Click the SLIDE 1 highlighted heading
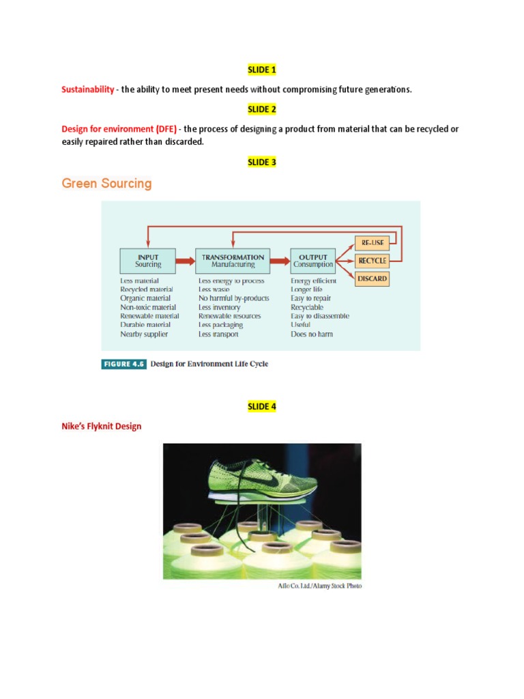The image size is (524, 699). pyautogui.click(x=261, y=70)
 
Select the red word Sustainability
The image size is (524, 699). pyautogui.click(x=88, y=89)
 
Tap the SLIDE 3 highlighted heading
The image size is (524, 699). pyautogui.click(x=261, y=162)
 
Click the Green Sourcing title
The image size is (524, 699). pyautogui.click(x=106, y=184)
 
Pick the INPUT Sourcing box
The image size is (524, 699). pyautogui.click(x=148, y=260)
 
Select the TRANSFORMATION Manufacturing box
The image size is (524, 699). pyautogui.click(x=233, y=260)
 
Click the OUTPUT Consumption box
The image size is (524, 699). pyautogui.click(x=313, y=260)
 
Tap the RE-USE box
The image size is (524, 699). pyautogui.click(x=372, y=242)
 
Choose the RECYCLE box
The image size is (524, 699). pyautogui.click(x=372, y=260)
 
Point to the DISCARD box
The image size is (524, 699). pyautogui.click(x=372, y=279)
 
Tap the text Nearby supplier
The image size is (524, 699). pyautogui.click(x=144, y=334)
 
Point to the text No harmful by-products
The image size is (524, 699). pyautogui.click(x=233, y=298)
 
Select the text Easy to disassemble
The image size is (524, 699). pyautogui.click(x=319, y=316)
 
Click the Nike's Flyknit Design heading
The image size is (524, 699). pyautogui.click(x=102, y=427)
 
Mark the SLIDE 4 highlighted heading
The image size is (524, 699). pyautogui.click(x=261, y=407)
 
